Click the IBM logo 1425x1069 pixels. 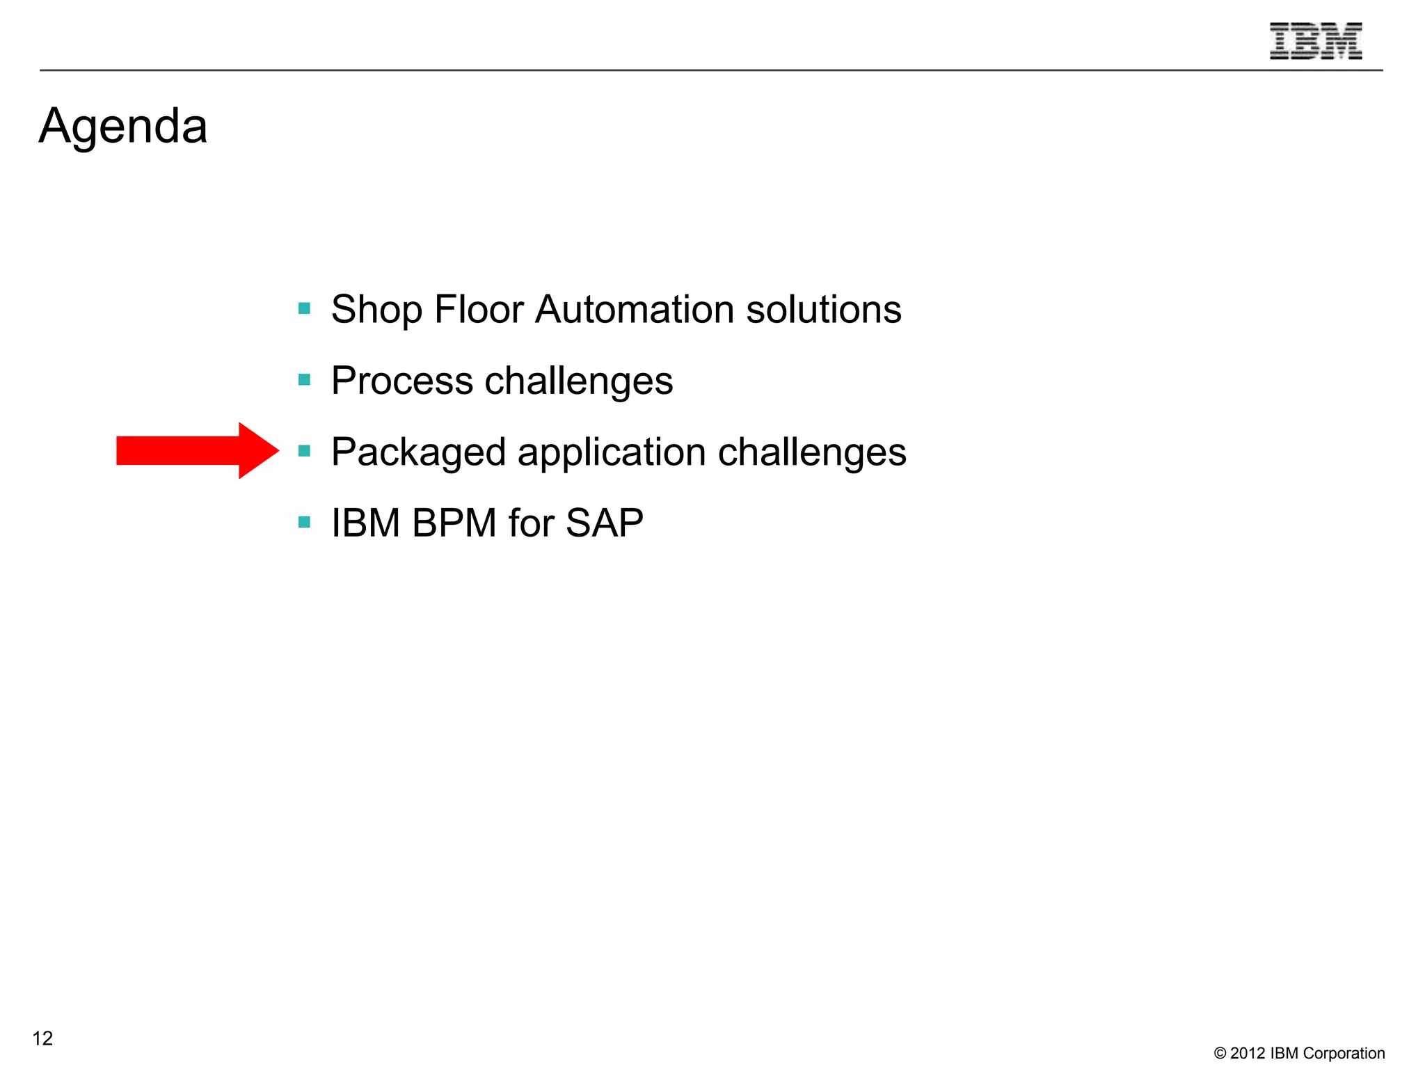[1315, 41]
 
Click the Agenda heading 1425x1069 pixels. [123, 127]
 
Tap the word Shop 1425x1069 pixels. [376, 310]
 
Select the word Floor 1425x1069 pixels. [478, 310]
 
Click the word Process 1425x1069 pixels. [401, 381]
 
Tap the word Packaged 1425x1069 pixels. [418, 452]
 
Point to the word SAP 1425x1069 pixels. [604, 523]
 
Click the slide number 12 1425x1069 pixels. [42, 1038]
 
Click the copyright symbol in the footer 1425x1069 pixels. [1220, 1054]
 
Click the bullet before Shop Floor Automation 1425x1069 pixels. [304, 308]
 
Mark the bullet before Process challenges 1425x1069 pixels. [304, 380]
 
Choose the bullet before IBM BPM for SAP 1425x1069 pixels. [304, 522]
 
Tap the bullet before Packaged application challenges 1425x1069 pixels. [304, 451]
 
